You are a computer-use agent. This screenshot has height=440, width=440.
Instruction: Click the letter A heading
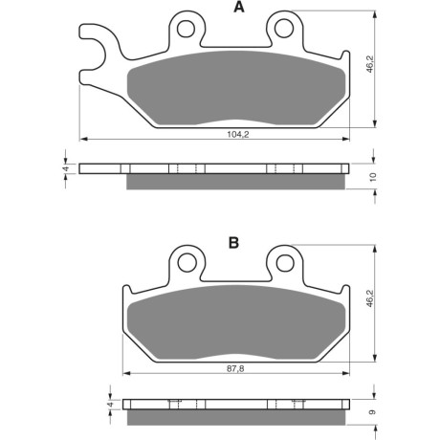pyautogui.click(x=239, y=7)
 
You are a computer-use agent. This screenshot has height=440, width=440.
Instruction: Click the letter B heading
pyautogui.click(x=233, y=243)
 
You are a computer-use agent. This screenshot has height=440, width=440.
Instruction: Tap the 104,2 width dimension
pyautogui.click(x=238, y=135)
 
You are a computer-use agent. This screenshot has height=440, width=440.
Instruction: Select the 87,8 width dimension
pyautogui.click(x=235, y=369)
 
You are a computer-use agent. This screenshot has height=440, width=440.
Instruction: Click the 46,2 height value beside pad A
pyautogui.click(x=370, y=63)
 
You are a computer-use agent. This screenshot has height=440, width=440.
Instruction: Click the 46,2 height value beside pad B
pyautogui.click(x=370, y=298)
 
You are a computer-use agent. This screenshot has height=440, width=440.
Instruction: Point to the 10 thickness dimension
pyautogui.click(x=373, y=177)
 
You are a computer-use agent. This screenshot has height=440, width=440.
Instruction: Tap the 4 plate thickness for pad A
pyautogui.click(x=66, y=168)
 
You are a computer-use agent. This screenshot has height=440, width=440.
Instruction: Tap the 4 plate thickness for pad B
pyautogui.click(x=110, y=404)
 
